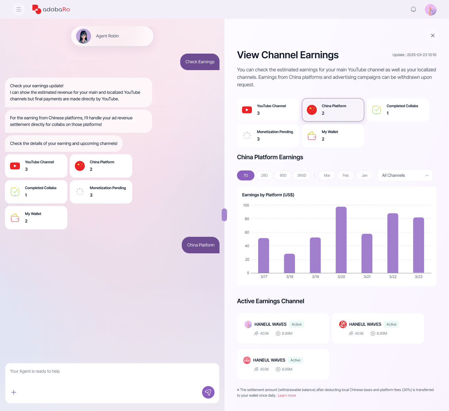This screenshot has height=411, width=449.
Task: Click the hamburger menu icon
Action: pyautogui.click(x=19, y=9)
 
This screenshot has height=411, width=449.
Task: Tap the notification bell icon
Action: pyautogui.click(x=413, y=9)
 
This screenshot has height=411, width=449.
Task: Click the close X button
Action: pyautogui.click(x=433, y=36)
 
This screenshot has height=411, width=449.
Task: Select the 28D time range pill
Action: pyautogui.click(x=264, y=175)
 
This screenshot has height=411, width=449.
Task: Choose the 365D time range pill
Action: pyautogui.click(x=302, y=175)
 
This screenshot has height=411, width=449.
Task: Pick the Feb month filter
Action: pyautogui.click(x=346, y=175)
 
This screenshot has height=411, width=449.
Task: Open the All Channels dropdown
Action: pyautogui.click(x=405, y=175)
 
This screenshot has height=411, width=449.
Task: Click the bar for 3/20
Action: pyautogui.click(x=341, y=240)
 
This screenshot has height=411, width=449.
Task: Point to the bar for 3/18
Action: pyautogui.click(x=289, y=263)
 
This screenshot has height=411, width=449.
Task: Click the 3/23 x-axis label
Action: pyautogui.click(x=418, y=277)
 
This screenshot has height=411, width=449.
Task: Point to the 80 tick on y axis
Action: pyautogui.click(x=247, y=219)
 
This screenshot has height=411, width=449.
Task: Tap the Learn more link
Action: pyautogui.click(x=287, y=395)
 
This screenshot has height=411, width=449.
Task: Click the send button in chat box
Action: pyautogui.click(x=208, y=392)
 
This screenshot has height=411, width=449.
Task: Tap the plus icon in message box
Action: pyautogui.click(x=14, y=392)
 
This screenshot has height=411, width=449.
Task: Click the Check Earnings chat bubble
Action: pyautogui.click(x=200, y=62)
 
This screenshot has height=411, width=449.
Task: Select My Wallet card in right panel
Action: pyautogui.click(x=333, y=136)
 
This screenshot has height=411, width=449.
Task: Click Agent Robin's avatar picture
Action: pyautogui.click(x=84, y=36)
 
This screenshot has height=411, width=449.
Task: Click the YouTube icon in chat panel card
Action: pyautogui.click(x=15, y=166)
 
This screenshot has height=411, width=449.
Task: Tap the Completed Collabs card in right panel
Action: pyautogui.click(x=398, y=110)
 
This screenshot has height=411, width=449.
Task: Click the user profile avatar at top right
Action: pyautogui.click(x=430, y=9)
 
